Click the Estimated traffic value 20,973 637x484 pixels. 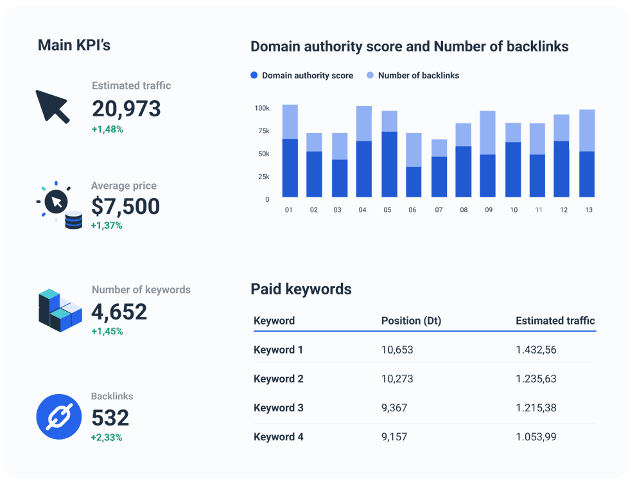click(126, 109)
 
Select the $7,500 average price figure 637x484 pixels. click(125, 206)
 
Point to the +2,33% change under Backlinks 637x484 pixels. click(107, 438)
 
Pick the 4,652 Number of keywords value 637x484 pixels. click(119, 312)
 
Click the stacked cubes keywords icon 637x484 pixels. click(60, 311)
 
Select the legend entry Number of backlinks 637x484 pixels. click(418, 75)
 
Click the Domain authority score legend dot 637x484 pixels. click(254, 75)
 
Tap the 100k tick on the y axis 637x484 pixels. click(262, 108)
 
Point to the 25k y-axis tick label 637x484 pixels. click(263, 177)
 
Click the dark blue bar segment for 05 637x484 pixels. click(389, 165)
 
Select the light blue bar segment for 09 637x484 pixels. click(487, 132)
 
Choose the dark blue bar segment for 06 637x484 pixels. click(414, 182)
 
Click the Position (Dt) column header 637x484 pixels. click(411, 321)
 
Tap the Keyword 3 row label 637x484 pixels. click(278, 408)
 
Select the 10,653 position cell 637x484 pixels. click(397, 350)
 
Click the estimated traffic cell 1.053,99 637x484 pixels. click(536, 437)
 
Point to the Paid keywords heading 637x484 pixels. click(301, 289)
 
